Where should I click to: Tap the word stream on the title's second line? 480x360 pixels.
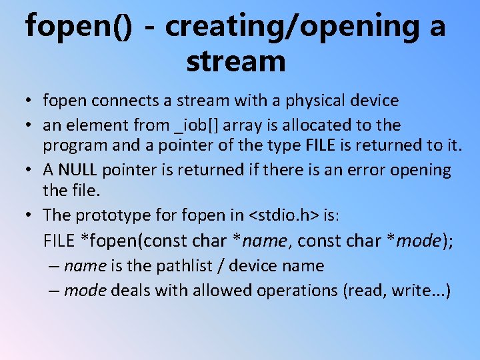coord(236,61)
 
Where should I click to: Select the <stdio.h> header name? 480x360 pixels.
coord(284,215)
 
